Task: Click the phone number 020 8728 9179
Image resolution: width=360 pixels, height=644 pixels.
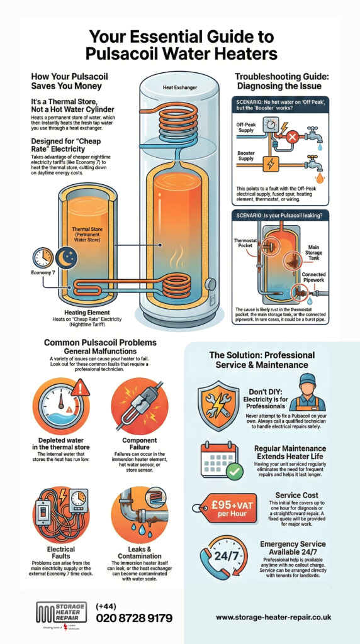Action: tap(133, 618)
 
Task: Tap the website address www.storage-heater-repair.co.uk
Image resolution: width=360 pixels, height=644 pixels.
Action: tap(273, 618)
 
